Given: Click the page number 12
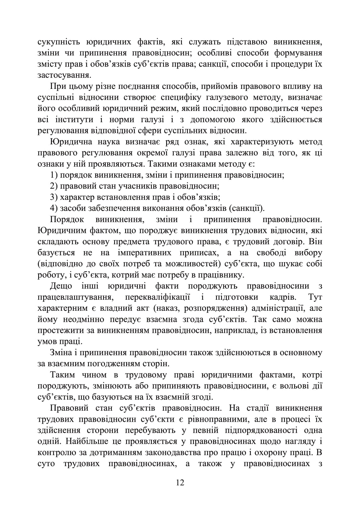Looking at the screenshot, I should pos(180,491).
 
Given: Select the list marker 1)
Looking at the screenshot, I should pos(54,176).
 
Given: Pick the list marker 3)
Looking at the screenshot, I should pos(54,198).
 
